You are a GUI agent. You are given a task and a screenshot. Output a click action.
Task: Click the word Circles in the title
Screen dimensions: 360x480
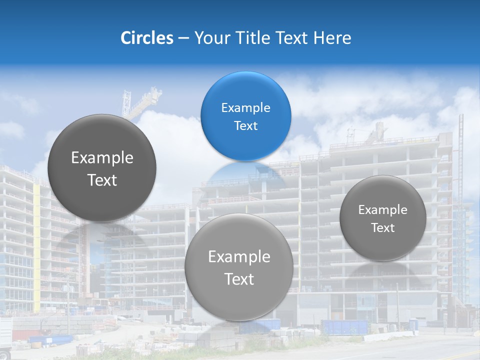click(x=146, y=38)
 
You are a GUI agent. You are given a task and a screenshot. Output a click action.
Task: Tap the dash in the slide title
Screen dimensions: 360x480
click(x=183, y=38)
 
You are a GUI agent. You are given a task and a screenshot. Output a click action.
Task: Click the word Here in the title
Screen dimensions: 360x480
click(x=332, y=38)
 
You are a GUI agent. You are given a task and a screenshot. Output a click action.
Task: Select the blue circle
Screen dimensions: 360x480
click(x=245, y=116)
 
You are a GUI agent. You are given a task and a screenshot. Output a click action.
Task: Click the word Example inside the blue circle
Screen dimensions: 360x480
click(x=245, y=107)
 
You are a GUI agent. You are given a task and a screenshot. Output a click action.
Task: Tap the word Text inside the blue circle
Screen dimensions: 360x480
click(x=245, y=125)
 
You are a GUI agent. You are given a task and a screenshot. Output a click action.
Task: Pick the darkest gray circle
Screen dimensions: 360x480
click(x=102, y=168)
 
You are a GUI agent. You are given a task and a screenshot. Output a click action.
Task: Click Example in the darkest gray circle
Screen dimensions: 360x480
click(x=102, y=158)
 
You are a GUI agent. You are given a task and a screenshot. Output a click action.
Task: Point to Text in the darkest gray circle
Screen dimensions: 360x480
click(x=102, y=180)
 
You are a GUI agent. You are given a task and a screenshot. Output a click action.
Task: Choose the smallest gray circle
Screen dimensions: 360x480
click(x=382, y=218)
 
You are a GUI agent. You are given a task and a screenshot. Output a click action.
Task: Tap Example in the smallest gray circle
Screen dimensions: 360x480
click(x=382, y=210)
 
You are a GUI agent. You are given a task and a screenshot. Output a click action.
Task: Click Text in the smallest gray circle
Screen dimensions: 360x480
click(x=382, y=228)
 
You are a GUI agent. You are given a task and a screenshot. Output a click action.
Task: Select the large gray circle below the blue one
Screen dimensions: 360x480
click(x=238, y=267)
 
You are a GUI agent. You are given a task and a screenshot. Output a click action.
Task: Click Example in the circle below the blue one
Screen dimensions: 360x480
click(x=238, y=257)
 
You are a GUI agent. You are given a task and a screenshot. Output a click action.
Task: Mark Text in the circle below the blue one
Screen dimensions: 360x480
click(x=238, y=279)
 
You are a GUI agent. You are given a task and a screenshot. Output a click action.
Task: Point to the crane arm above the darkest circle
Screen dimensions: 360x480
click(x=144, y=102)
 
